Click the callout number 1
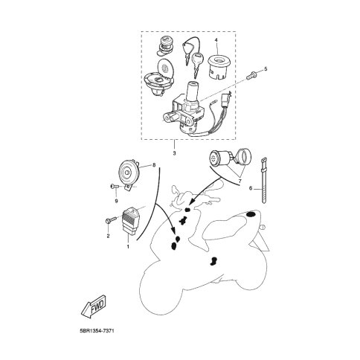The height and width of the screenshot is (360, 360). [128, 247]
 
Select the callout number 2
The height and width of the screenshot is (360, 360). [108, 237]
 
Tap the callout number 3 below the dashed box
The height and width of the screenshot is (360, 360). [174, 153]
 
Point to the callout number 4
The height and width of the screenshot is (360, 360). [216, 40]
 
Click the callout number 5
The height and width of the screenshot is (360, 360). [266, 68]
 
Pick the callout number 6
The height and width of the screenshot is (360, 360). [251, 188]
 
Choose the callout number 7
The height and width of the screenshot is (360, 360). [240, 181]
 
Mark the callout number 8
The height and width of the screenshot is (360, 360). [154, 165]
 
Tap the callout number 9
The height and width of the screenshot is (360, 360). [116, 201]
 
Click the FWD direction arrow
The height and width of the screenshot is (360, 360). [94, 307]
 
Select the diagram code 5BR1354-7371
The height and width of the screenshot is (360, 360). [97, 331]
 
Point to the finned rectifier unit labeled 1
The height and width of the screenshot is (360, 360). [131, 221]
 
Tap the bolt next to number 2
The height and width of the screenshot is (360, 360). [111, 219]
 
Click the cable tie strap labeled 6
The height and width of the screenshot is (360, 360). [264, 180]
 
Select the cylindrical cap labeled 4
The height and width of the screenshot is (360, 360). [219, 67]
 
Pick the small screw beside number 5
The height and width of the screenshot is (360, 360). [251, 75]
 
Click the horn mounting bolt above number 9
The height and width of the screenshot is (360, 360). [114, 186]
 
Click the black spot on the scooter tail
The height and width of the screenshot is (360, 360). [251, 213]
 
